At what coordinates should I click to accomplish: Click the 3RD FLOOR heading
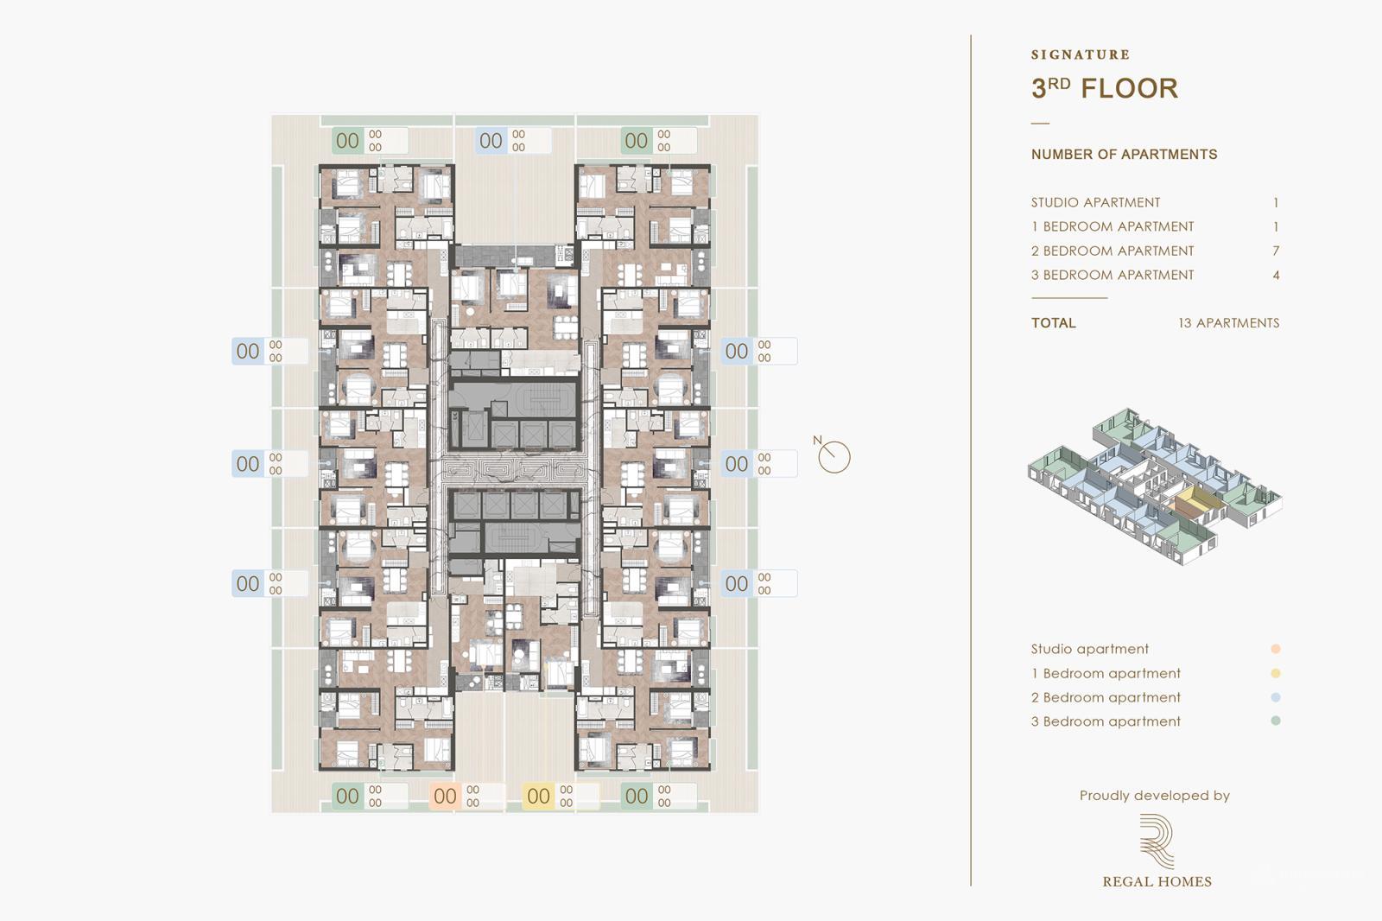(x=1104, y=88)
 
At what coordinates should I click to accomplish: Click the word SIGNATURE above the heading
(x=1080, y=54)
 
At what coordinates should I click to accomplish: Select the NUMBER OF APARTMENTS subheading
(x=1124, y=154)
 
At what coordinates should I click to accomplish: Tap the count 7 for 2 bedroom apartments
(x=1276, y=251)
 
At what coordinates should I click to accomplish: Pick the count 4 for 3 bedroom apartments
(x=1276, y=275)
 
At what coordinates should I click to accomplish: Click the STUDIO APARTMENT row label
(x=1095, y=202)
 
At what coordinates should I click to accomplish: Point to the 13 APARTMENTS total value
(x=1228, y=322)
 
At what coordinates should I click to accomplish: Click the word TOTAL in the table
(x=1053, y=322)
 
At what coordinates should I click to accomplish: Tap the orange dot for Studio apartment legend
(x=1275, y=649)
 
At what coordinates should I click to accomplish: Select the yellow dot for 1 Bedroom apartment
(x=1275, y=673)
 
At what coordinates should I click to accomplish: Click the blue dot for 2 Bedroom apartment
(x=1275, y=697)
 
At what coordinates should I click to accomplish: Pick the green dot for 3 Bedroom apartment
(x=1275, y=721)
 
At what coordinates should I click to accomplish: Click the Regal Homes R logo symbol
(x=1156, y=841)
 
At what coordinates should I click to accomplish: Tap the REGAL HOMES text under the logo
(x=1157, y=881)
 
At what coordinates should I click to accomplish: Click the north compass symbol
(x=834, y=456)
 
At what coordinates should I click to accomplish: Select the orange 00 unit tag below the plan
(x=445, y=796)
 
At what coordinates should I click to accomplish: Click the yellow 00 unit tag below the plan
(x=538, y=796)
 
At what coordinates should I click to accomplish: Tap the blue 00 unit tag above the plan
(x=491, y=140)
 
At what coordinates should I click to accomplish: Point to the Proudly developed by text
(x=1154, y=795)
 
